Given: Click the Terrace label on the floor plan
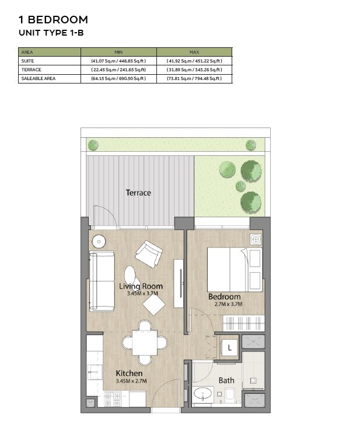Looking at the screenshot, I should (x=138, y=193).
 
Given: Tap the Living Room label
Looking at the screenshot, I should (x=141, y=286).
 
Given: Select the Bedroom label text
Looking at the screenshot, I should (x=225, y=297).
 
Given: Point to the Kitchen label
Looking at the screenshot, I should (x=129, y=373).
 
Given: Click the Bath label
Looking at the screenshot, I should (x=226, y=381).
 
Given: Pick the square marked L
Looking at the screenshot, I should (x=230, y=347).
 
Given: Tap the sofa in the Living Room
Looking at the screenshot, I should (x=102, y=281).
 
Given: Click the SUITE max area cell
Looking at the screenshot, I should (x=194, y=61).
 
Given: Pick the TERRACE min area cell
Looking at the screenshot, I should (x=118, y=69).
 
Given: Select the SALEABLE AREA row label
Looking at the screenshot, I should (x=39, y=78).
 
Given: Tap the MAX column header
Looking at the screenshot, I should (x=194, y=52).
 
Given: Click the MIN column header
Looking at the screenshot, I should (x=118, y=52).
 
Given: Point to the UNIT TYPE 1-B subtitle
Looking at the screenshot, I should (x=51, y=33).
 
